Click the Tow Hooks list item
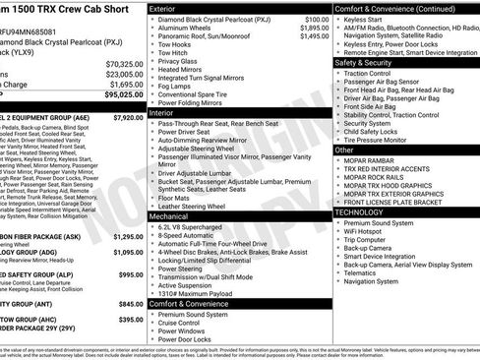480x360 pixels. point(176,44)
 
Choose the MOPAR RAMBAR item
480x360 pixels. point(372,162)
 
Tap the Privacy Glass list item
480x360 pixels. point(179,61)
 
